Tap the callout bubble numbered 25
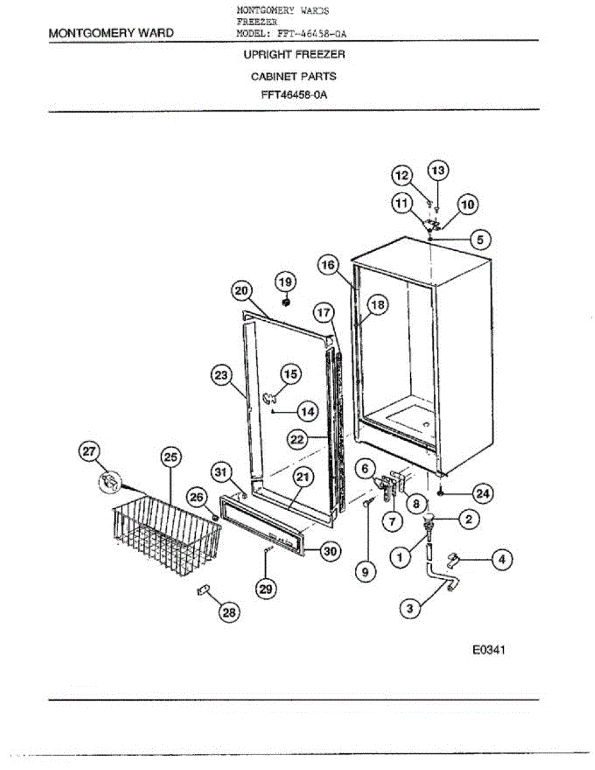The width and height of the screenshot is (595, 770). (x=170, y=457)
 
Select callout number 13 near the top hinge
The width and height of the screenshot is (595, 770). (x=438, y=171)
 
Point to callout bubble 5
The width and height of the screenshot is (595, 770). (x=479, y=239)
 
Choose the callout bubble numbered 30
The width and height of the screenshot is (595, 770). (x=330, y=551)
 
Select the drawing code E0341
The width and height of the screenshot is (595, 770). (x=490, y=651)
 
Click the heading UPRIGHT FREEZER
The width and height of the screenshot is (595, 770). (x=294, y=55)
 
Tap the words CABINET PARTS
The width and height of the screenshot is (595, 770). (x=293, y=76)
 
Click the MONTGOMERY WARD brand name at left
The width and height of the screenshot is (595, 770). (x=110, y=33)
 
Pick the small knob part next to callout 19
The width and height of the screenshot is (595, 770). (x=287, y=302)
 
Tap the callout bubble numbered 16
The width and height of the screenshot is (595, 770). (x=329, y=264)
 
